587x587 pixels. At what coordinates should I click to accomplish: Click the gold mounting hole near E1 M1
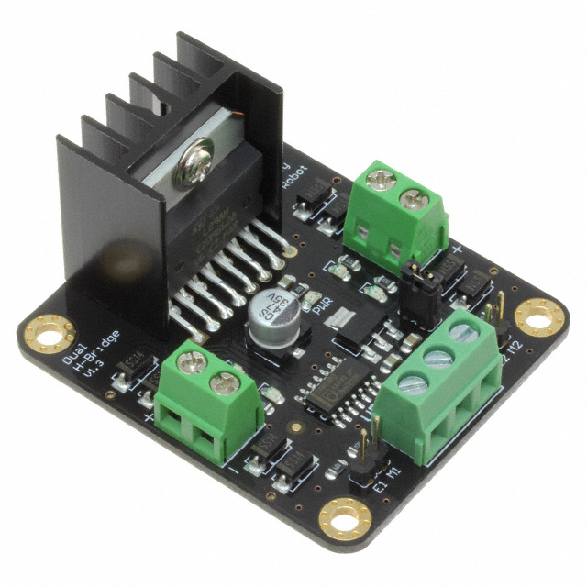(347, 520)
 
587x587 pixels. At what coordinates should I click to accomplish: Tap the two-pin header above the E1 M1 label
(365, 451)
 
